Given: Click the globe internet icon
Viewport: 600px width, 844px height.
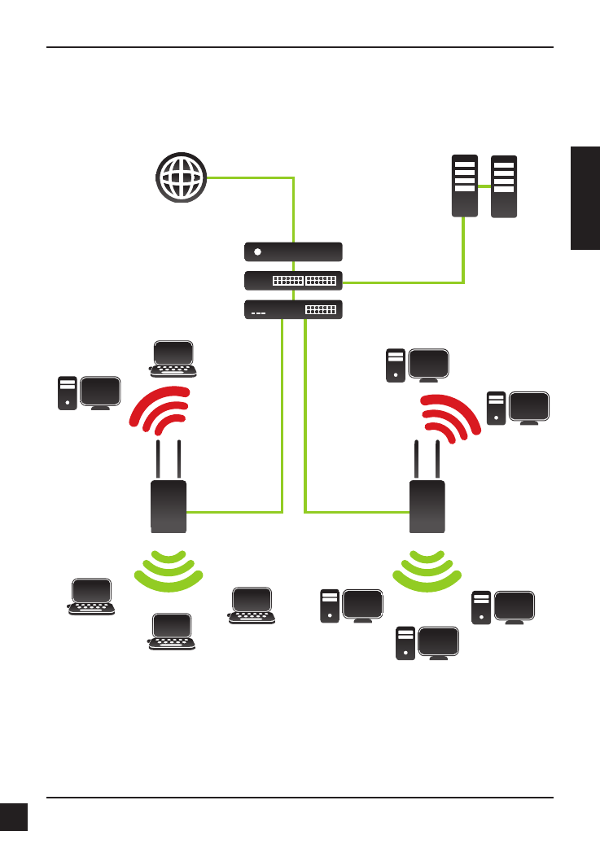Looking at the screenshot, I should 182,177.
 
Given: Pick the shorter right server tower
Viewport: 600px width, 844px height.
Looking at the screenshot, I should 504,186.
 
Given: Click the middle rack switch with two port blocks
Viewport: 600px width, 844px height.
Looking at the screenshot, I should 293,281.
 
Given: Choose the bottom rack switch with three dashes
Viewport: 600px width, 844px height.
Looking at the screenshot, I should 293,310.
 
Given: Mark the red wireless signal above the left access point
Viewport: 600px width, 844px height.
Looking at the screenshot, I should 160,411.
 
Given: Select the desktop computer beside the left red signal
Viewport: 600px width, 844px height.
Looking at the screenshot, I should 90,393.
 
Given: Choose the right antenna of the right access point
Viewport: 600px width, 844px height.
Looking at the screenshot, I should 438,460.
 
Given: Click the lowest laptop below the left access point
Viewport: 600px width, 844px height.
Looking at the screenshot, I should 172,633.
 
